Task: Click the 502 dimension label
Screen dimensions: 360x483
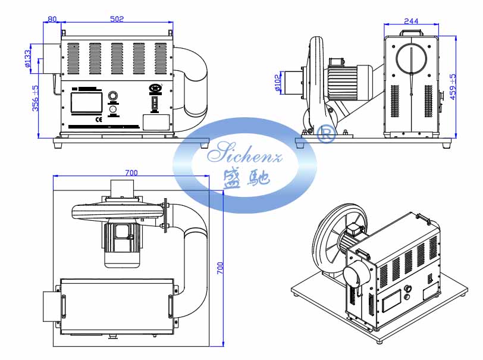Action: [x=117, y=19]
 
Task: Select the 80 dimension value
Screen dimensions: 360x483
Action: [x=52, y=19]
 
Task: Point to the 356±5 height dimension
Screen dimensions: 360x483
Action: [x=35, y=98]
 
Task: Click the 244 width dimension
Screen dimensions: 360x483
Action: [x=411, y=21]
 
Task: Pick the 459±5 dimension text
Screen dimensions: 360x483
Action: [x=453, y=87]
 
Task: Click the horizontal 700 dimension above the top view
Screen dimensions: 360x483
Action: [x=131, y=173]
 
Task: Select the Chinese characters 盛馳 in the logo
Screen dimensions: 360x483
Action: [x=245, y=177]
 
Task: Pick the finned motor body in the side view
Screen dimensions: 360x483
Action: [x=351, y=82]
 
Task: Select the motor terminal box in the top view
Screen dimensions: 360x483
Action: [x=123, y=232]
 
